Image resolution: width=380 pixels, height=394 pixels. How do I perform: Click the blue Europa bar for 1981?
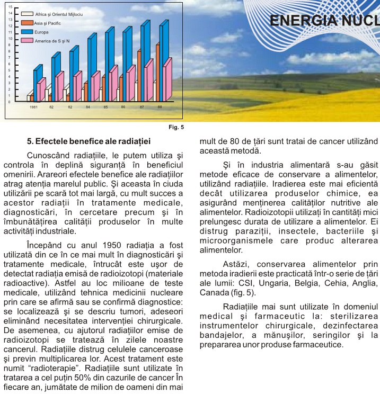(x=36, y=84)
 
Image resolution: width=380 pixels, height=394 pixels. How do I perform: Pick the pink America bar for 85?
(x=114, y=83)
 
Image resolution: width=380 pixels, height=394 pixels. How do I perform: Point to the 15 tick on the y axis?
(x=10, y=7)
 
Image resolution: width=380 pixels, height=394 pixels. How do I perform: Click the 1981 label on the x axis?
(x=33, y=107)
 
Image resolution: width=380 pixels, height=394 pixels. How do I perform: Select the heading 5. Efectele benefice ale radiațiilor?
(x=89, y=142)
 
